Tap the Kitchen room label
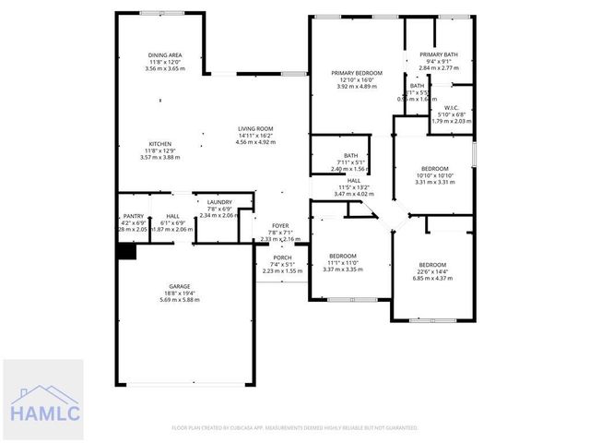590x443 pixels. coord(160,144)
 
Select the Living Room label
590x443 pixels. coord(254,128)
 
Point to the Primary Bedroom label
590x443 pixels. coord(357,72)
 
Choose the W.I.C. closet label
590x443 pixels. coord(451,108)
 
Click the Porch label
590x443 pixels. coord(281,257)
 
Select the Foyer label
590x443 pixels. coord(281,225)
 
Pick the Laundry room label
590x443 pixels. coord(218,202)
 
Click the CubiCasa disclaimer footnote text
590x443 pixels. coord(295,427)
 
